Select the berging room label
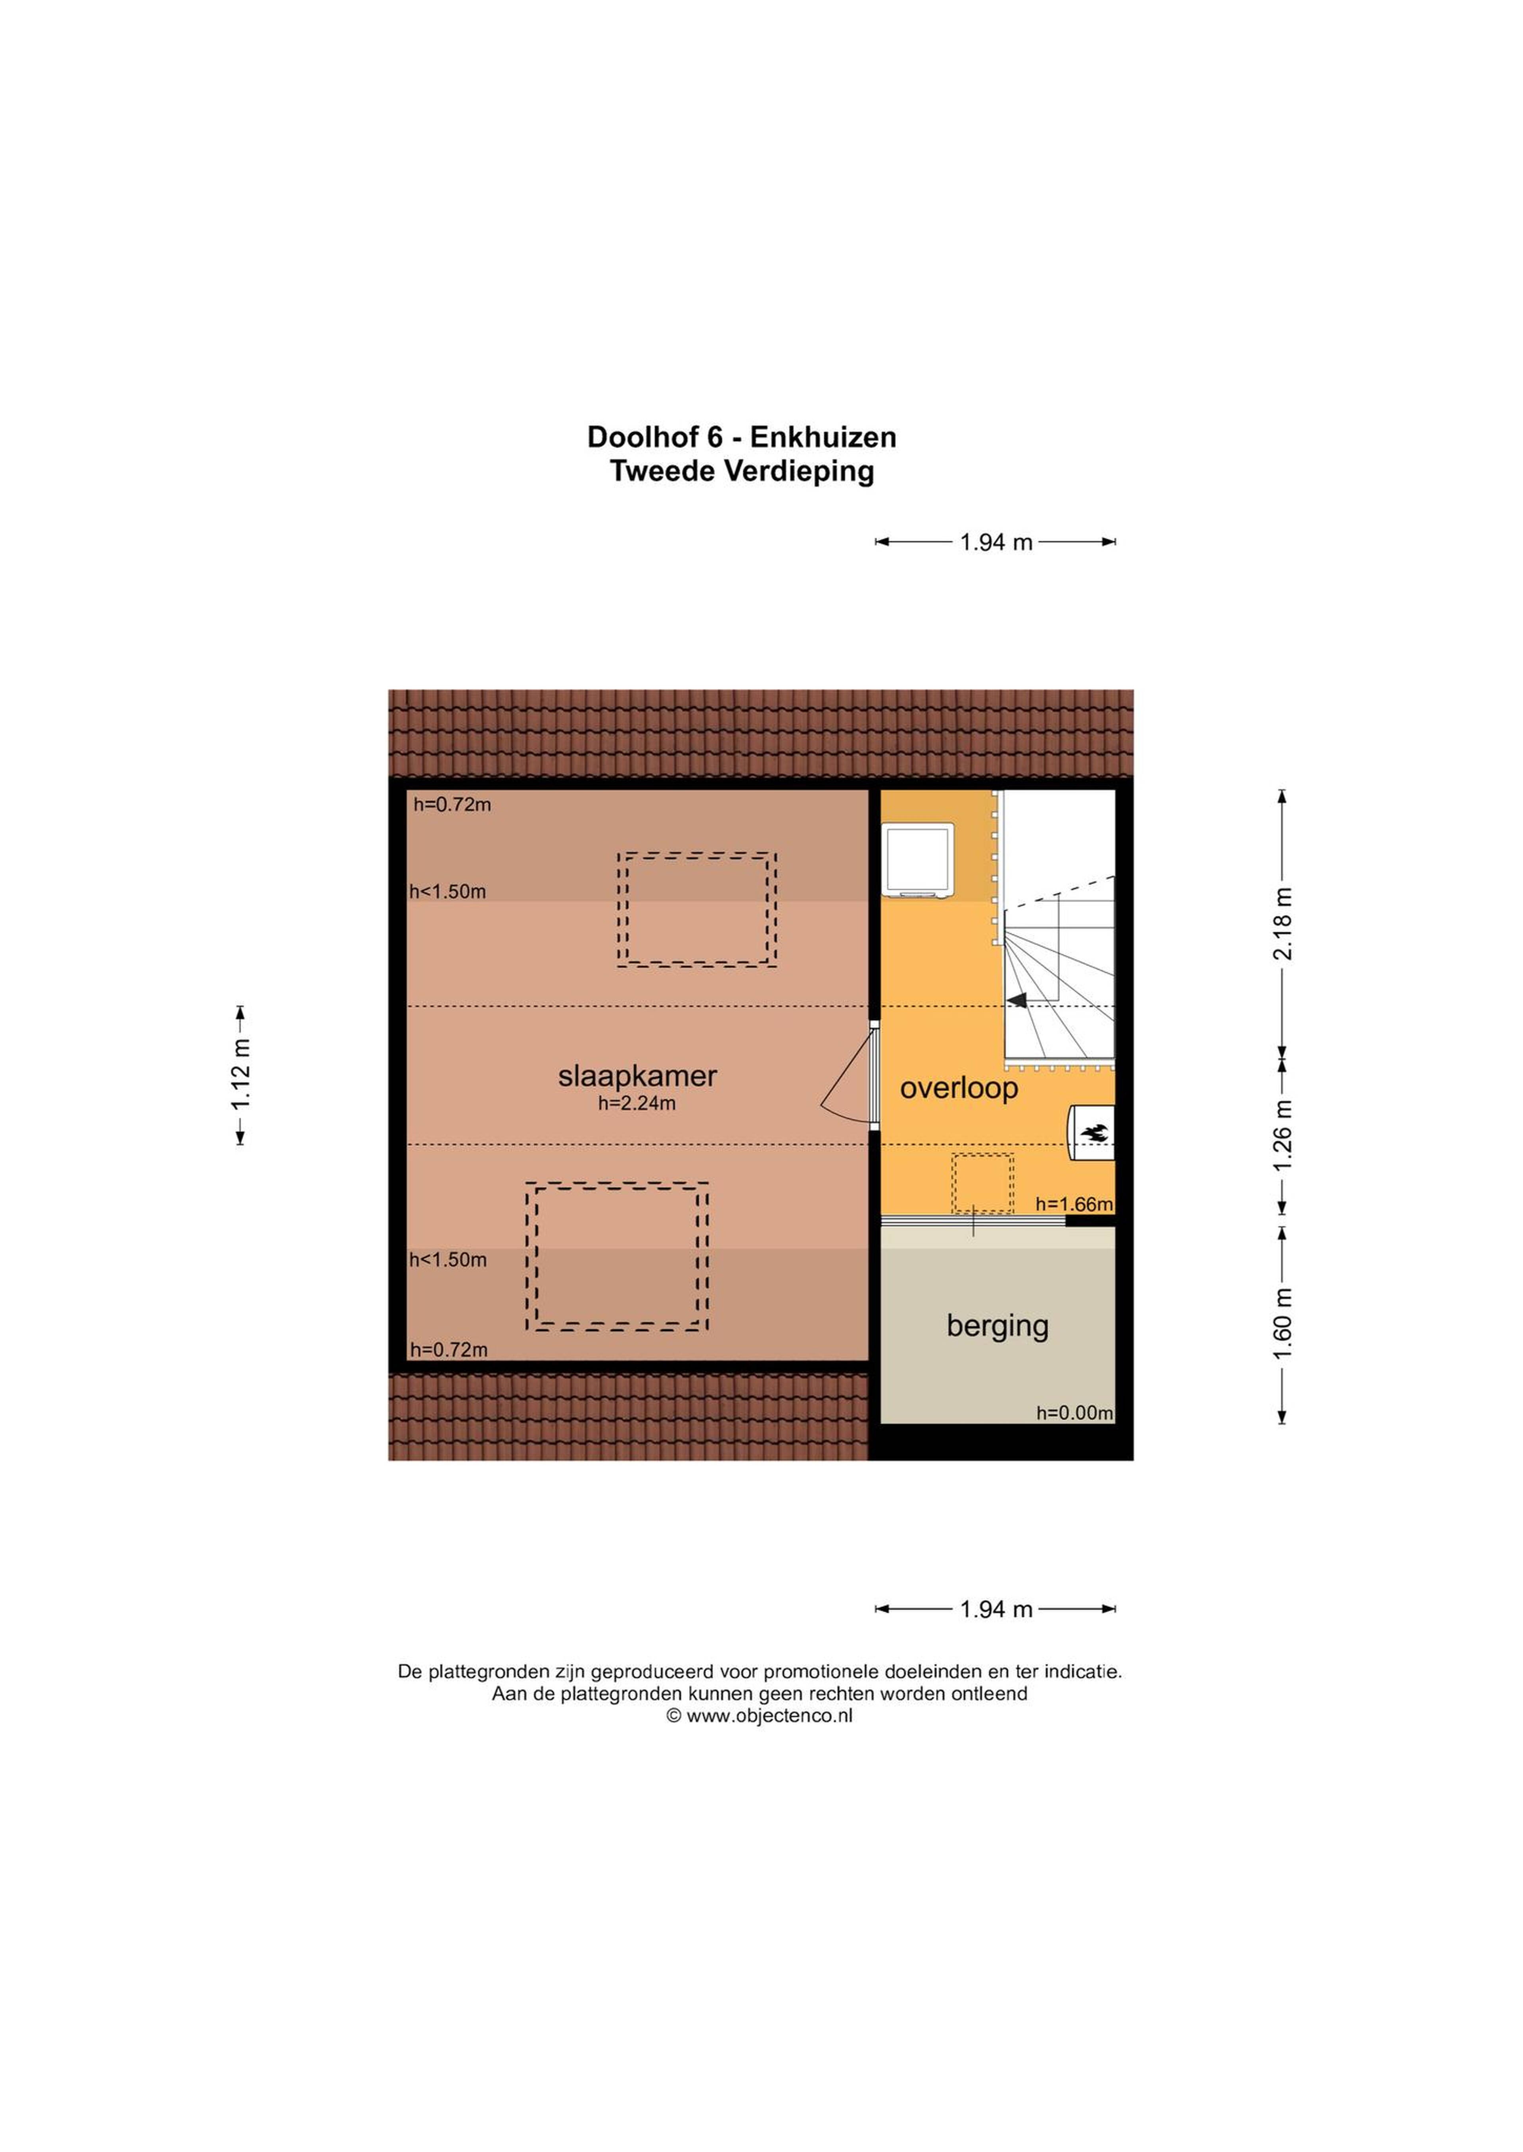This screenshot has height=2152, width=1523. pyautogui.click(x=997, y=1326)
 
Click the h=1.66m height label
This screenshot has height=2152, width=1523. pyautogui.click(x=1074, y=1204)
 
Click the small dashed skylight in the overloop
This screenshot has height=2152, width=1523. pyautogui.click(x=983, y=1183)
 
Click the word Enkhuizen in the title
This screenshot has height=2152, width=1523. pyautogui.click(x=823, y=437)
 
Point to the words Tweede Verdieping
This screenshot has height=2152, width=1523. pyautogui.click(x=742, y=471)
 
